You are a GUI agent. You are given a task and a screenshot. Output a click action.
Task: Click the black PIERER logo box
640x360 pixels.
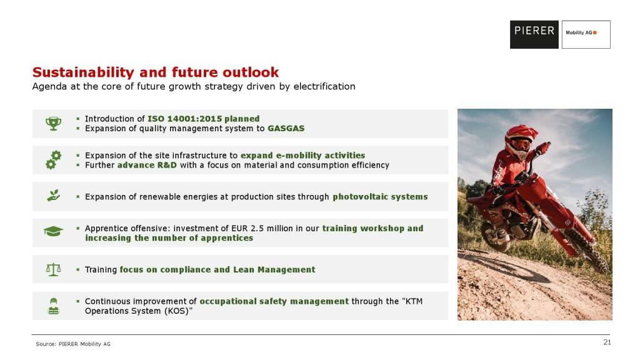point(534,35)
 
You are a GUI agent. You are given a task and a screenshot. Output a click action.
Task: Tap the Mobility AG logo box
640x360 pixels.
point(586,35)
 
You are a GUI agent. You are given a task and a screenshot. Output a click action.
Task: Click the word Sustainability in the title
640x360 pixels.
point(83,72)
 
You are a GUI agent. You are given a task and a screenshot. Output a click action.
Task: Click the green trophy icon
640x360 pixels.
point(54,123)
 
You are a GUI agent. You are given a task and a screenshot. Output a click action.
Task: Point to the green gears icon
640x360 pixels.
point(54,160)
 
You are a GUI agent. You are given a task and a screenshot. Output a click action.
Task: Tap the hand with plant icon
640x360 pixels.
point(54,196)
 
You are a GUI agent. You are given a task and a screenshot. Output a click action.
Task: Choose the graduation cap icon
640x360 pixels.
point(54,232)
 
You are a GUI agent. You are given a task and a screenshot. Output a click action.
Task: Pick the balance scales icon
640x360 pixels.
point(54,269)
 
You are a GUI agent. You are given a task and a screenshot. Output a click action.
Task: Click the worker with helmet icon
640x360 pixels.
point(54,306)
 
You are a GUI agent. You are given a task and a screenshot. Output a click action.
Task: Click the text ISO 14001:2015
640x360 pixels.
point(184,119)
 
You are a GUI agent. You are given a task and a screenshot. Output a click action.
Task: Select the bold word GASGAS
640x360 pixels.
point(286,129)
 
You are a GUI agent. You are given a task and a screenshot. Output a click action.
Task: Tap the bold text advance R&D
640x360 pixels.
point(147,165)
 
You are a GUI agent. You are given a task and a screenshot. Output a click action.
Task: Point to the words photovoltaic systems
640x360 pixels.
point(380,197)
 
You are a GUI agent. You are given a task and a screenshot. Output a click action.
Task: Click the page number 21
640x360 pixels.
point(607,342)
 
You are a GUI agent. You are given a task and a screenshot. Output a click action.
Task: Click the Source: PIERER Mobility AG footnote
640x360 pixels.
point(73,344)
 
